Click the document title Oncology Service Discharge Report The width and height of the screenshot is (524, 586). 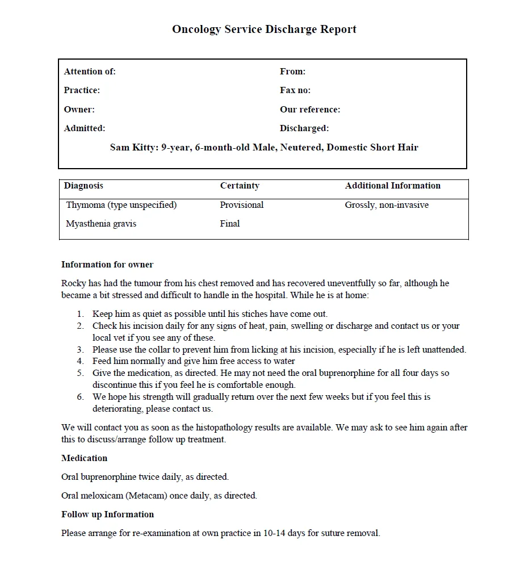(264, 30)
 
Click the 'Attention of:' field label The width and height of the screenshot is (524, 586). (90, 72)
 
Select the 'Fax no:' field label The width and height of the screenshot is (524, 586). (295, 90)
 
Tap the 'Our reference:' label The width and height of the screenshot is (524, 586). (310, 110)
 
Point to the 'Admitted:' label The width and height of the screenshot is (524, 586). (85, 128)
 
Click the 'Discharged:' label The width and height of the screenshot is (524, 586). (304, 128)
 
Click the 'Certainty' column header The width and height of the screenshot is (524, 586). (240, 186)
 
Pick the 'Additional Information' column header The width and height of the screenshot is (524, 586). (392, 186)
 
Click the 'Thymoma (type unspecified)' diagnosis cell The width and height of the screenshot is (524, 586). (121, 205)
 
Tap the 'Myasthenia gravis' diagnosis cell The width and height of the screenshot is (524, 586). (101, 224)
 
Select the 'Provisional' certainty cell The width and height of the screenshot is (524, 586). (242, 205)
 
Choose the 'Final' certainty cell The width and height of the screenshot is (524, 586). (230, 224)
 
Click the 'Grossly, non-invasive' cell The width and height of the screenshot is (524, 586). (387, 205)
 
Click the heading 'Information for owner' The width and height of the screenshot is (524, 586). (107, 265)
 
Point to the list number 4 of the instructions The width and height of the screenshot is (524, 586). (81, 361)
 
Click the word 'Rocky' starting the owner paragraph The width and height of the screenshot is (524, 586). (73, 283)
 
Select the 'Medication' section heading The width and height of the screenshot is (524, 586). (84, 458)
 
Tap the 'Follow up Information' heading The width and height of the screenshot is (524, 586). (107, 514)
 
